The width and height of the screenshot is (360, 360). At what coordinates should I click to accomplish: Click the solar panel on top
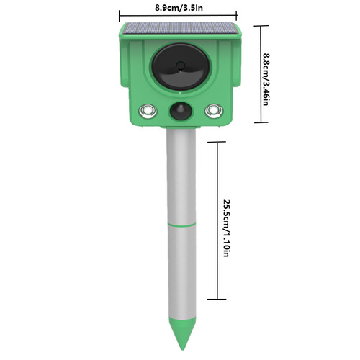(x=179, y=30)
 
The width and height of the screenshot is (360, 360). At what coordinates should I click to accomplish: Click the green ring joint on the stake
(x=180, y=225)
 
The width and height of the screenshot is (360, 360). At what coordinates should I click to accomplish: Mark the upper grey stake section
(x=180, y=176)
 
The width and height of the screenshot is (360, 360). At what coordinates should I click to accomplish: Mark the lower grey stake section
(x=180, y=274)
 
